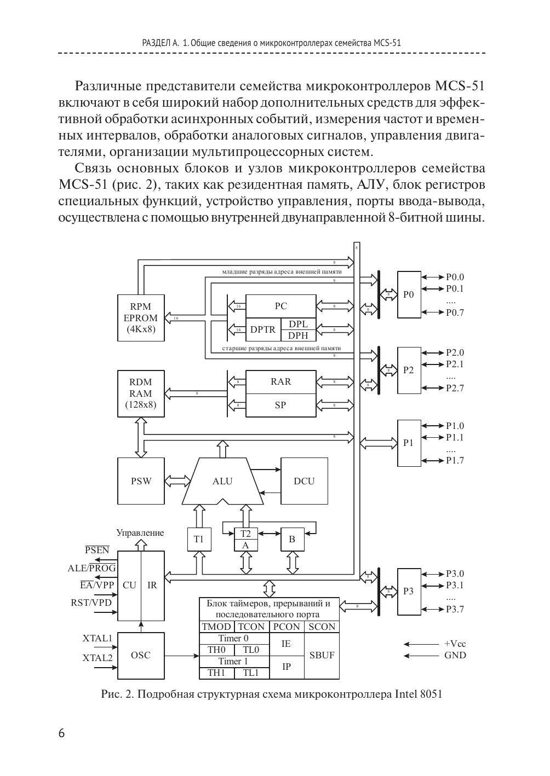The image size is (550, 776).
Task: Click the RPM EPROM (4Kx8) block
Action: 141,318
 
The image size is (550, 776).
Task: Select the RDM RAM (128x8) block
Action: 141,393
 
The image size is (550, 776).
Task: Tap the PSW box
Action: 141,481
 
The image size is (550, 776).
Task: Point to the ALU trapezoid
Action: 222,481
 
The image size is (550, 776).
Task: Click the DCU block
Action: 304,481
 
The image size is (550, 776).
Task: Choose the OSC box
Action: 141,655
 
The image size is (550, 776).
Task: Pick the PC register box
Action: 280,306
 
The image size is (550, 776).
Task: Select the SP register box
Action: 280,406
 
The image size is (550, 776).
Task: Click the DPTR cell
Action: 263,329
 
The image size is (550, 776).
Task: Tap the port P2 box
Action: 409,370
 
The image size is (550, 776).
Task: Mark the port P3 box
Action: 409,591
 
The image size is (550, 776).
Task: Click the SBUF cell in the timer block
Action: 322,655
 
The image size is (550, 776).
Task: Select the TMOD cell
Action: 216,627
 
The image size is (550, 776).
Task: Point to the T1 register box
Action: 198,539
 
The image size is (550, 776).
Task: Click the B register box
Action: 292,539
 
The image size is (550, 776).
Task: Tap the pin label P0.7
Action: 455,312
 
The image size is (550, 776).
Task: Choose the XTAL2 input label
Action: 98,658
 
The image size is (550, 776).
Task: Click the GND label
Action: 455,655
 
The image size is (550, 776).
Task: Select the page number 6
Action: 61,733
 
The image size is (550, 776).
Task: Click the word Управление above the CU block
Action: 140,532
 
